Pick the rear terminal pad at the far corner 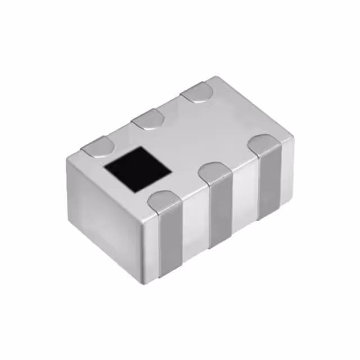(197, 92)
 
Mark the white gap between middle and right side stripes (245, 194)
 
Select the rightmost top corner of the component (295, 137)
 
